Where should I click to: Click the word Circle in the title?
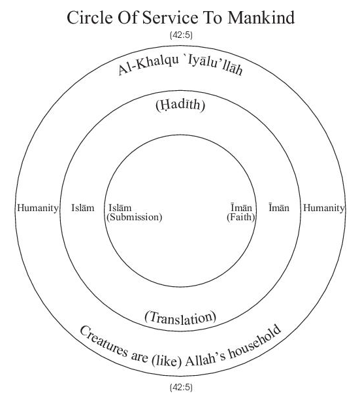coord(90,18)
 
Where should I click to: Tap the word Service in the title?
coord(170,18)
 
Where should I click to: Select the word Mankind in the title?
coord(261,18)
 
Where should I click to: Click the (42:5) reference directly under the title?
coord(181,35)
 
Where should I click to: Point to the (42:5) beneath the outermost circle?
coord(181,387)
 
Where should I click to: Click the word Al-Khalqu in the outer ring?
coord(148,65)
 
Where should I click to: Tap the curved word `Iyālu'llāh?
coord(215,65)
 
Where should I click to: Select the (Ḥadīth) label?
coord(180,105)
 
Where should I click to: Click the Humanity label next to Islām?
coord(38,208)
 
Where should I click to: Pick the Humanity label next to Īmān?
coord(323,208)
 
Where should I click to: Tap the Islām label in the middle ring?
coord(83,208)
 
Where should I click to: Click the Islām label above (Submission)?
coord(120,207)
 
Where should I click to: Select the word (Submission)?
coord(135,217)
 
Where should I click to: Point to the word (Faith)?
coord(241,217)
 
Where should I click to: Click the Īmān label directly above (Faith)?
coord(241,207)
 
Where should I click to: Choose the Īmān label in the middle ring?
coord(279,208)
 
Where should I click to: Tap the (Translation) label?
coord(180,318)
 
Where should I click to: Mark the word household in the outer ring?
coord(254,343)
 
